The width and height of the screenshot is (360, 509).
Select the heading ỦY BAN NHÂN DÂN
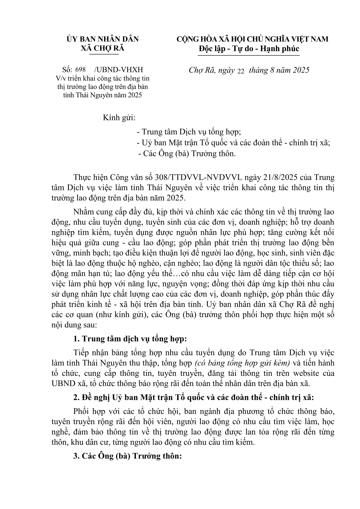tap(103, 39)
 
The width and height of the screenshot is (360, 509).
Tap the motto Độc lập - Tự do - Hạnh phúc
tap(249, 49)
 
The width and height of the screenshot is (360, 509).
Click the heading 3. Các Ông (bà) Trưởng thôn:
tap(127, 456)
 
